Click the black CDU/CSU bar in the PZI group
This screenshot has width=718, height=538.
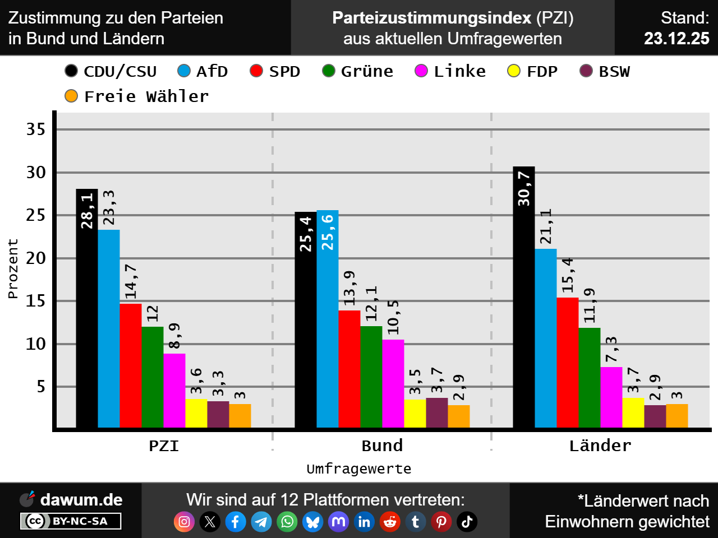(87, 308)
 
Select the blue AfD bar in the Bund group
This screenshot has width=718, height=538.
(328, 319)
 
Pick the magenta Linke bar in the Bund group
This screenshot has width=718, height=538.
(393, 383)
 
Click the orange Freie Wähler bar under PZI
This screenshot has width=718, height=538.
(240, 416)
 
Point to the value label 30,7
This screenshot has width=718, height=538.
(524, 188)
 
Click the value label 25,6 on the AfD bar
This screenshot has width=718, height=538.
(328, 232)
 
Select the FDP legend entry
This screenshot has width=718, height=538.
(533, 72)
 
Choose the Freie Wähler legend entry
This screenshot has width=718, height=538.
(137, 96)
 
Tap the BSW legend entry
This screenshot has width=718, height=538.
(605, 72)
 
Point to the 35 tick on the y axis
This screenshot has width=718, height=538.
(36, 129)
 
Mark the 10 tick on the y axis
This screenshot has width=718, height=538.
(36, 344)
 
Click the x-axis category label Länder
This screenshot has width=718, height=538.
(600, 446)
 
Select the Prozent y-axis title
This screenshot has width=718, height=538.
(13, 269)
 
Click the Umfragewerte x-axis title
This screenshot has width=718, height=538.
(359, 469)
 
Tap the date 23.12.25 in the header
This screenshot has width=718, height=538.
(676, 38)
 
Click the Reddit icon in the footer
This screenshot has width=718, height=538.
(390, 522)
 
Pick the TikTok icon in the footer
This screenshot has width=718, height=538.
(467, 522)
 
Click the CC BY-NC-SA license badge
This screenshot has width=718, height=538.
(71, 521)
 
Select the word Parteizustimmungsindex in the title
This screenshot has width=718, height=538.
(432, 18)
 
